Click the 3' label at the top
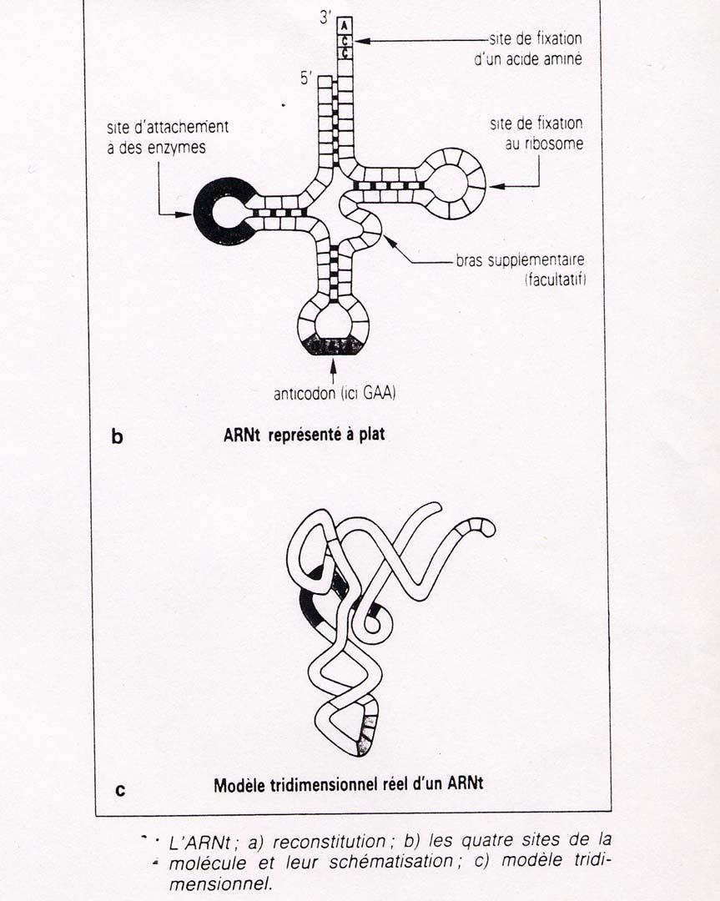pos(325,18)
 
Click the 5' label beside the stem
pos(306,80)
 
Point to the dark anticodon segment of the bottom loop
pos(334,345)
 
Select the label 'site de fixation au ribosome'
pos(536,133)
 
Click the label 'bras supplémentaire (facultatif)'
pos(520,269)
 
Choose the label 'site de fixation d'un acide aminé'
pos(535,49)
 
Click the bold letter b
pos(118,436)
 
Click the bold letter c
pos(119,789)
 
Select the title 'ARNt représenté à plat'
pos(304,435)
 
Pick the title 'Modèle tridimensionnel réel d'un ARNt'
pos(345,785)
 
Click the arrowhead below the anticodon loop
pos(334,362)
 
